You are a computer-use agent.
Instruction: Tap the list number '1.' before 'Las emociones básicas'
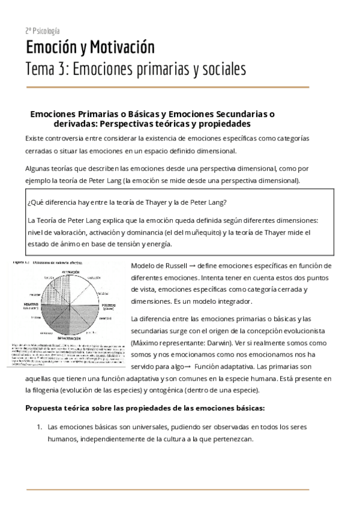click(x=39, y=427)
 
